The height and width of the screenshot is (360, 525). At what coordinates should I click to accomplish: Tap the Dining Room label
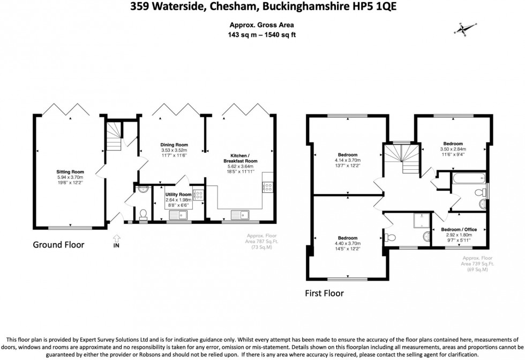pyautogui.click(x=175, y=145)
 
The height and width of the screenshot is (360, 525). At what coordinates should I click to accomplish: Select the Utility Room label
pyautogui.click(x=178, y=194)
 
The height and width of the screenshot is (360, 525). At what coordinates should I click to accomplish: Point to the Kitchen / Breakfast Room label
pyautogui.click(x=241, y=158)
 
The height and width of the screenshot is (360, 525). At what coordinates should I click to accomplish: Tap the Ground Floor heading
pyautogui.click(x=58, y=245)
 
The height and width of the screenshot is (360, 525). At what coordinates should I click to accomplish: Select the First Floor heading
pyautogui.click(x=324, y=293)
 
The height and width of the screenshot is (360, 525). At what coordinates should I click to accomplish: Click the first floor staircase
pyautogui.click(x=401, y=159)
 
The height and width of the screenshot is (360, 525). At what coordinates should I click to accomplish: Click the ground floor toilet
pyautogui.click(x=143, y=214)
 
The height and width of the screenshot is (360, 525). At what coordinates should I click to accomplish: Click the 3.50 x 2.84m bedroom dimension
pyautogui.click(x=453, y=149)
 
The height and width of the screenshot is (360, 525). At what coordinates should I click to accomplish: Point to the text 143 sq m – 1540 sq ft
pyautogui.click(x=262, y=35)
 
